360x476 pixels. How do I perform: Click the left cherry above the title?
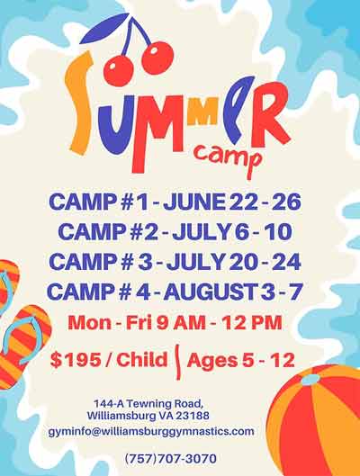click(x=119, y=67)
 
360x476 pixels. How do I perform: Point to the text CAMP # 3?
click(x=92, y=261)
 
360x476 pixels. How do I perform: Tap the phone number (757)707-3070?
click(x=170, y=459)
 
